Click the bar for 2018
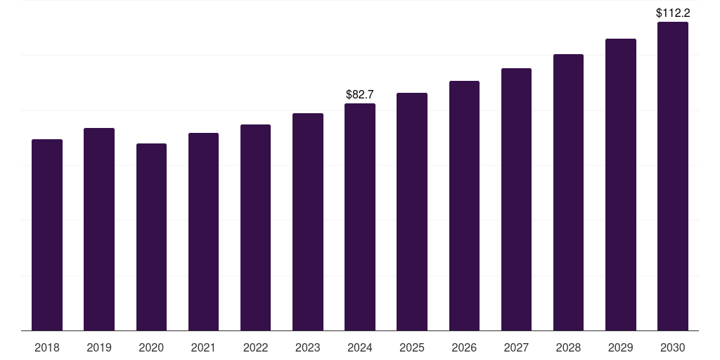[x=47, y=235]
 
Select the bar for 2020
[x=151, y=237]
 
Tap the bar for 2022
[x=255, y=227]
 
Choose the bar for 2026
[x=464, y=205]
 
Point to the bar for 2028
[x=568, y=192]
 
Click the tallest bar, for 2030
[x=673, y=176]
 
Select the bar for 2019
[x=99, y=229]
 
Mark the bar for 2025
[x=412, y=212]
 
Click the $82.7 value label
[x=360, y=94]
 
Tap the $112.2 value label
[x=673, y=13]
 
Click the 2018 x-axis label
[x=47, y=347]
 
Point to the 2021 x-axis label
[x=203, y=347]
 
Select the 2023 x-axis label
[x=308, y=347]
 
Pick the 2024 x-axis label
[x=360, y=347]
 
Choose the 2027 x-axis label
[x=516, y=347]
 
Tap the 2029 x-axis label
[x=621, y=347]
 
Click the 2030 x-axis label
[x=673, y=347]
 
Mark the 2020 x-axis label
[x=151, y=347]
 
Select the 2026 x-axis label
[x=464, y=347]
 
